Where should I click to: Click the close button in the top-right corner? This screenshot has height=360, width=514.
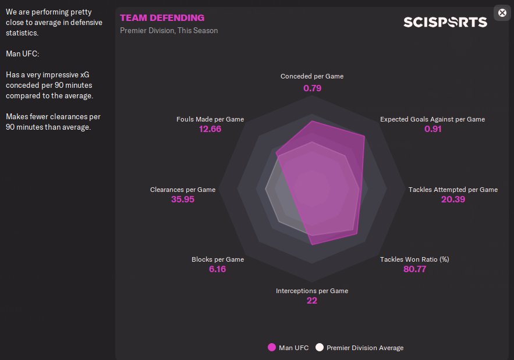click(502, 13)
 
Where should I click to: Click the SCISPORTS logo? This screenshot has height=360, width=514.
click(445, 22)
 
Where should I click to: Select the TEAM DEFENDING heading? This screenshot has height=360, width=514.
click(162, 18)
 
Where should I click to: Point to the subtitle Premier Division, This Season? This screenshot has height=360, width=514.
click(169, 30)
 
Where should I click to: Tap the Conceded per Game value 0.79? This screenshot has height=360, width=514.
click(312, 88)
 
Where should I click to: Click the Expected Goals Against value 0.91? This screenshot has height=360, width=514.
click(433, 129)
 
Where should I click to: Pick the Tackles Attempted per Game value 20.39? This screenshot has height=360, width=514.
click(453, 199)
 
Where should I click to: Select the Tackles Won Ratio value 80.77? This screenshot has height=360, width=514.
click(414, 269)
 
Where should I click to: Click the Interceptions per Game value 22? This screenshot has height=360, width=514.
click(312, 301)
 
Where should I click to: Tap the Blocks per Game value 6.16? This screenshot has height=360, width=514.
click(217, 269)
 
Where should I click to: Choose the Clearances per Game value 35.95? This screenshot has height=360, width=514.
click(183, 199)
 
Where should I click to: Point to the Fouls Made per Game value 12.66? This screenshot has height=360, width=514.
click(210, 129)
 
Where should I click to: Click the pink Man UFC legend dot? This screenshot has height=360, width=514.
click(271, 348)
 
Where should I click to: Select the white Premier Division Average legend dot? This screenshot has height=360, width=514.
click(319, 348)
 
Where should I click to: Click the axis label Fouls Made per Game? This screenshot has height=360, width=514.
click(210, 119)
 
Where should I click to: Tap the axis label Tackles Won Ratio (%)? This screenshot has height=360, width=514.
click(414, 259)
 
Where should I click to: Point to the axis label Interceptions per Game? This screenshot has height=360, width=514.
click(312, 291)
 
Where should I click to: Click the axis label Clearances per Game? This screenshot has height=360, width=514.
click(183, 190)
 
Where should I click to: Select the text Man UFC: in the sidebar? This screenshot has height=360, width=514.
click(22, 54)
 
